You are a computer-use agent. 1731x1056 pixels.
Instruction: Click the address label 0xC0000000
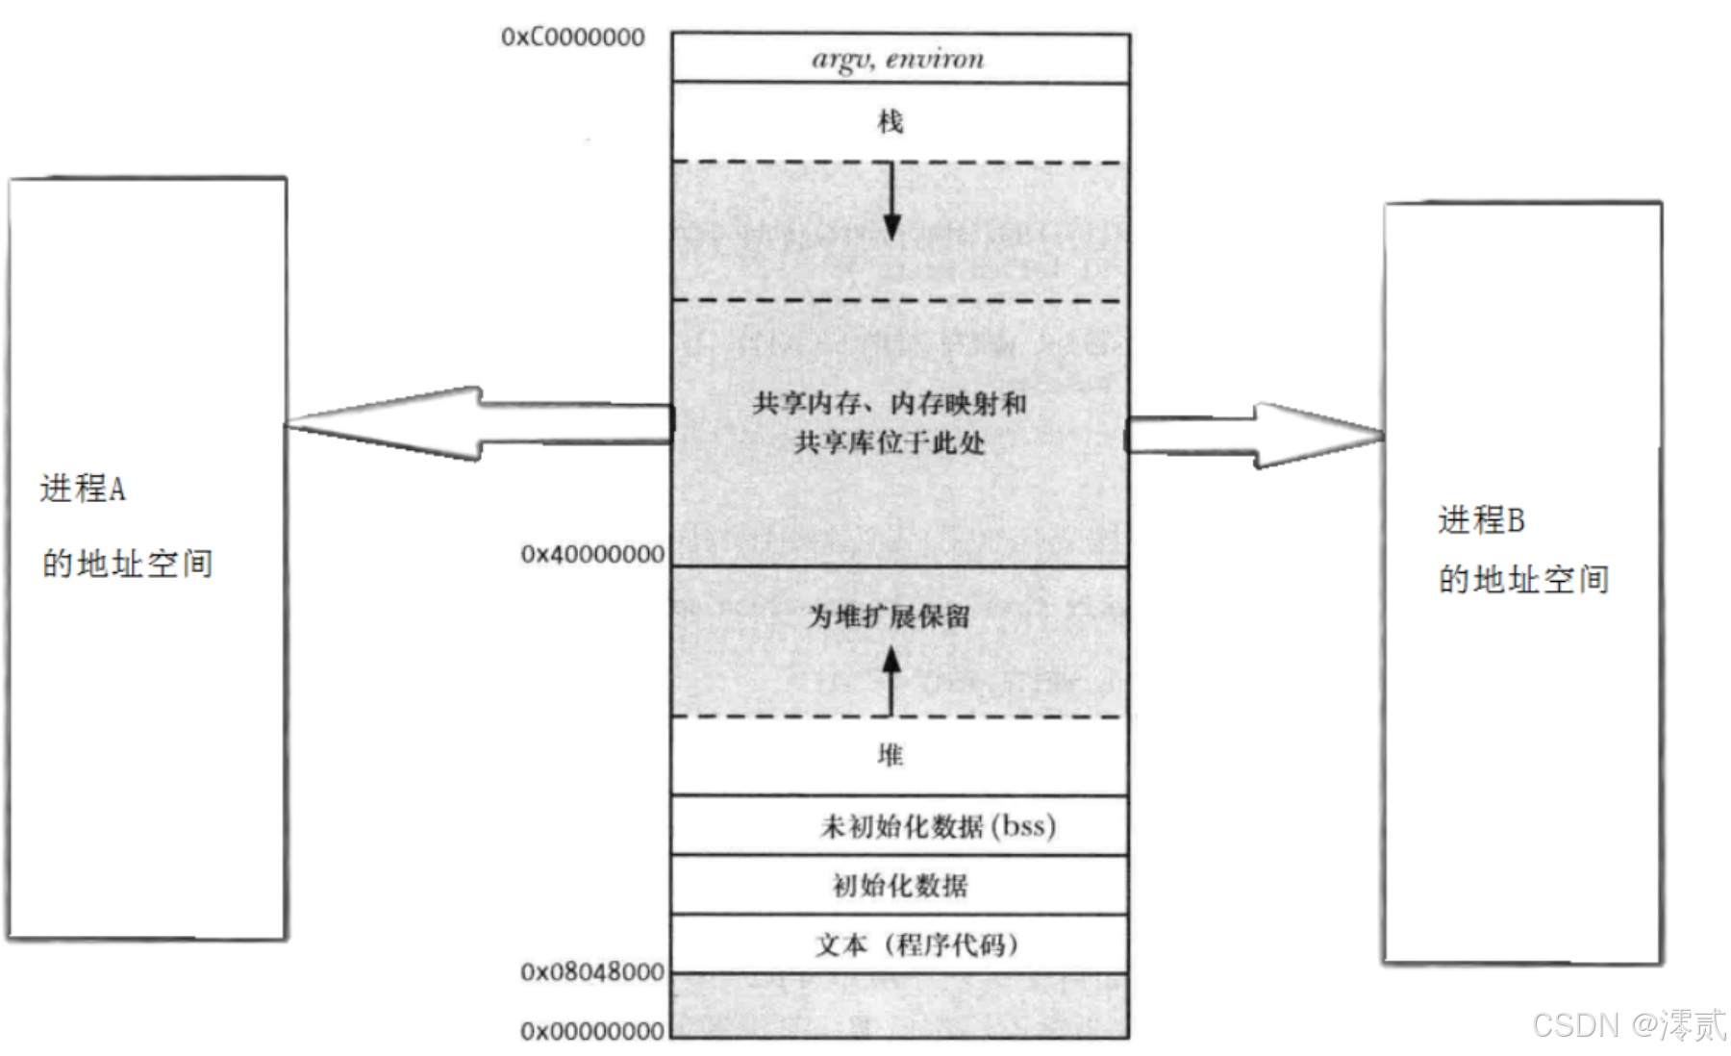click(x=572, y=38)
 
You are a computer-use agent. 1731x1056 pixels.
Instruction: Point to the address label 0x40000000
click(x=592, y=555)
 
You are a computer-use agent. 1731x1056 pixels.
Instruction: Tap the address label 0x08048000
click(x=592, y=972)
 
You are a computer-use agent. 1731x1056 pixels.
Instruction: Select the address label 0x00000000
click(x=592, y=1031)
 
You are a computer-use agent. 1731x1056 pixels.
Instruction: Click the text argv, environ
click(x=898, y=60)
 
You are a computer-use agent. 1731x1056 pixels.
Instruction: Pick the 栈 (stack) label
click(x=891, y=122)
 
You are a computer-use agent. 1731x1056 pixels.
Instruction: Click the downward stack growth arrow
click(x=891, y=201)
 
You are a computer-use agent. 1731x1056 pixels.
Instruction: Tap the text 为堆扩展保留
click(x=889, y=616)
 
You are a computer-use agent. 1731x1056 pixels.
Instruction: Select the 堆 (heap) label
click(x=891, y=755)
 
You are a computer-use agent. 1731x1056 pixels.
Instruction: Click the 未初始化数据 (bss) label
click(x=938, y=826)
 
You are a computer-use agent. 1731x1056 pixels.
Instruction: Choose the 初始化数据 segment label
click(x=900, y=885)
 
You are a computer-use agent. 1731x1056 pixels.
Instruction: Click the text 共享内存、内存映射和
click(x=890, y=403)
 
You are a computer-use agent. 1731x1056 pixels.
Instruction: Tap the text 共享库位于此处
click(x=890, y=442)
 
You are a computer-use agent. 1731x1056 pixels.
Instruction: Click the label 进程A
click(x=83, y=489)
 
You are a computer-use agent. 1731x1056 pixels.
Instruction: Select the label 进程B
click(x=1481, y=520)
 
